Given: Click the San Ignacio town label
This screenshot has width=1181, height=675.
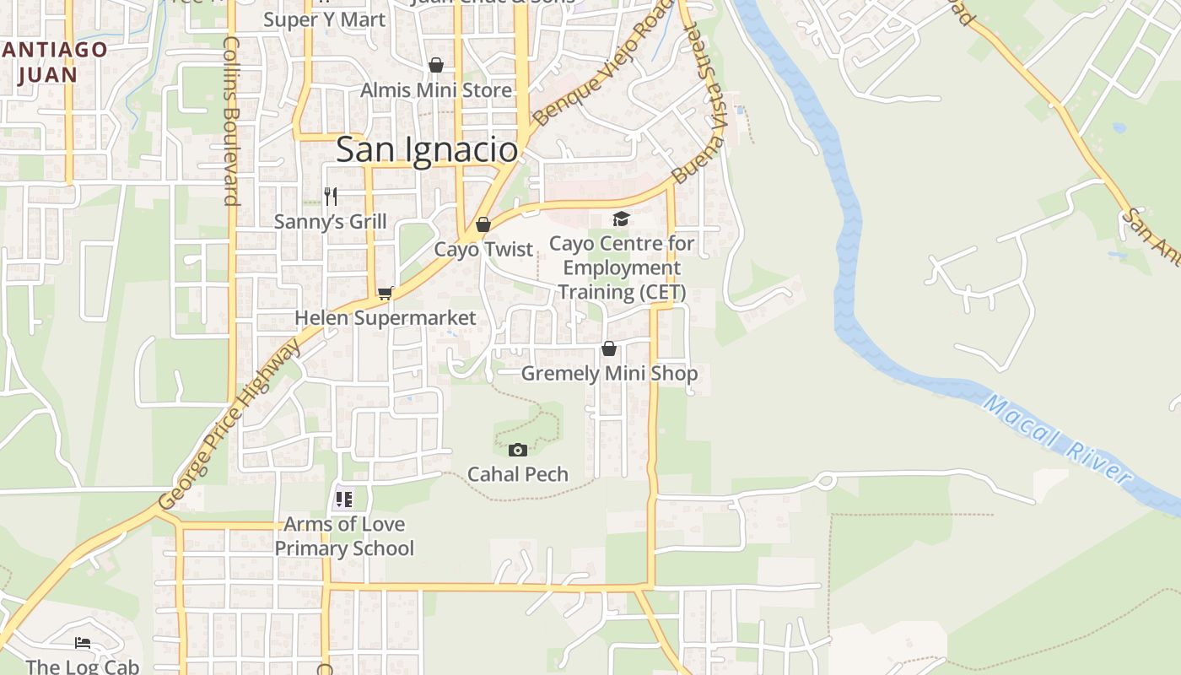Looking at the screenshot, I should tap(427, 150).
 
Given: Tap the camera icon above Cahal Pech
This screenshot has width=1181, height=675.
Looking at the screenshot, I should tap(518, 450).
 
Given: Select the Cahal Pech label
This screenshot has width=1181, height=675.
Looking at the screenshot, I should tap(518, 474).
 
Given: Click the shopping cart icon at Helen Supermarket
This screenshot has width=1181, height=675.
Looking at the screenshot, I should tap(386, 293).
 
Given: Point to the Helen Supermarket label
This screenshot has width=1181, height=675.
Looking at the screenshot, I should tap(386, 318).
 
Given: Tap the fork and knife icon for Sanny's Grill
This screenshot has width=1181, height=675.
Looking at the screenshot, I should tap(331, 197).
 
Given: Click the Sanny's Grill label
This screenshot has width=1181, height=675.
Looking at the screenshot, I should tap(331, 222).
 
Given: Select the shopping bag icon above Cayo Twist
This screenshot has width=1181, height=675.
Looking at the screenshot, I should tap(483, 224).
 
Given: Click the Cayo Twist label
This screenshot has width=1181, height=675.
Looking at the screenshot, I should tap(483, 250).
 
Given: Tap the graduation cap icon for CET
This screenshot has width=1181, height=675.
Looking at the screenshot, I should tap(621, 219).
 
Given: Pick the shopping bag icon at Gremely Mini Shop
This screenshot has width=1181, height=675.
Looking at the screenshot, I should tap(609, 348).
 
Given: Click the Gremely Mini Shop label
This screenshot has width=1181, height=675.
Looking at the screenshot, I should tap(609, 373).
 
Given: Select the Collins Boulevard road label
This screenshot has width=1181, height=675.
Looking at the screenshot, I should tap(232, 121).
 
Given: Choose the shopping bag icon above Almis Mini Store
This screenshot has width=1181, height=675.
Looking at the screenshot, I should tap(436, 65).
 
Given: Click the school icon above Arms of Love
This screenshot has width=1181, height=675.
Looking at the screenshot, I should tap(343, 499).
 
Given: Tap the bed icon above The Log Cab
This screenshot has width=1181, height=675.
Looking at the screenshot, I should tap(82, 643).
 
